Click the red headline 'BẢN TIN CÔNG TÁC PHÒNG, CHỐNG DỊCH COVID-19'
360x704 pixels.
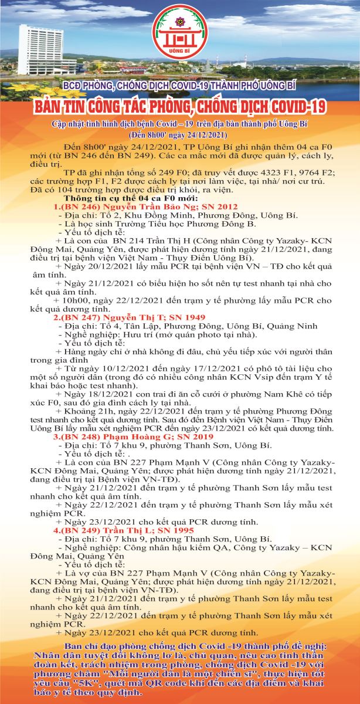tap(179, 109)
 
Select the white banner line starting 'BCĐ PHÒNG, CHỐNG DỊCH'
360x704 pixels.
tap(179, 86)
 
